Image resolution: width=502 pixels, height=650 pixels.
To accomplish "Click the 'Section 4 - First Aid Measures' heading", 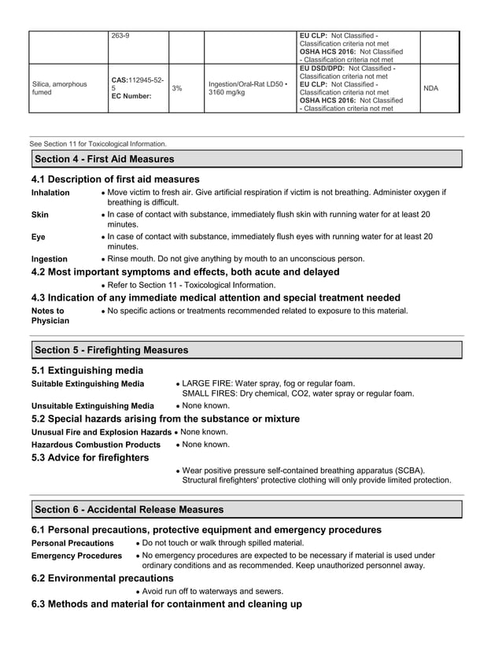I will click(x=104, y=159).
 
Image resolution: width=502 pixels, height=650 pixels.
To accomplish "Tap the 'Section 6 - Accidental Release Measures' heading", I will click(x=129, y=510).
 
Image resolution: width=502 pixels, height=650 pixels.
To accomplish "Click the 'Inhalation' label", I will click(x=50, y=193).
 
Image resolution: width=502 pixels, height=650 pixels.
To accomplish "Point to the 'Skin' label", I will click(x=40, y=214).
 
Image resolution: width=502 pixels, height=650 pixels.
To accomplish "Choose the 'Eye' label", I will click(x=39, y=236).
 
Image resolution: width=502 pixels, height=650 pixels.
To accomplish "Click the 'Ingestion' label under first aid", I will click(x=50, y=259).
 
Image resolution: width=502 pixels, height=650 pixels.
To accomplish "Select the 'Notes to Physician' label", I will click(x=50, y=316).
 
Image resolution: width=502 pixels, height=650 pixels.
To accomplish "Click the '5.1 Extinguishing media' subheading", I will click(x=87, y=370).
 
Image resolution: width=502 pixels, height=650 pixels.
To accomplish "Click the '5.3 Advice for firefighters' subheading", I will click(x=90, y=458).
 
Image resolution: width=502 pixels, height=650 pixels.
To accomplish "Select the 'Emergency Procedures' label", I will click(x=76, y=556).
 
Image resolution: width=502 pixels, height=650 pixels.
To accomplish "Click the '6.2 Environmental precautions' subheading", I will click(x=97, y=578).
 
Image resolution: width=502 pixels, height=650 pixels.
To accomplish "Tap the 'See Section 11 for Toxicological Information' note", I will click(x=98, y=144).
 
